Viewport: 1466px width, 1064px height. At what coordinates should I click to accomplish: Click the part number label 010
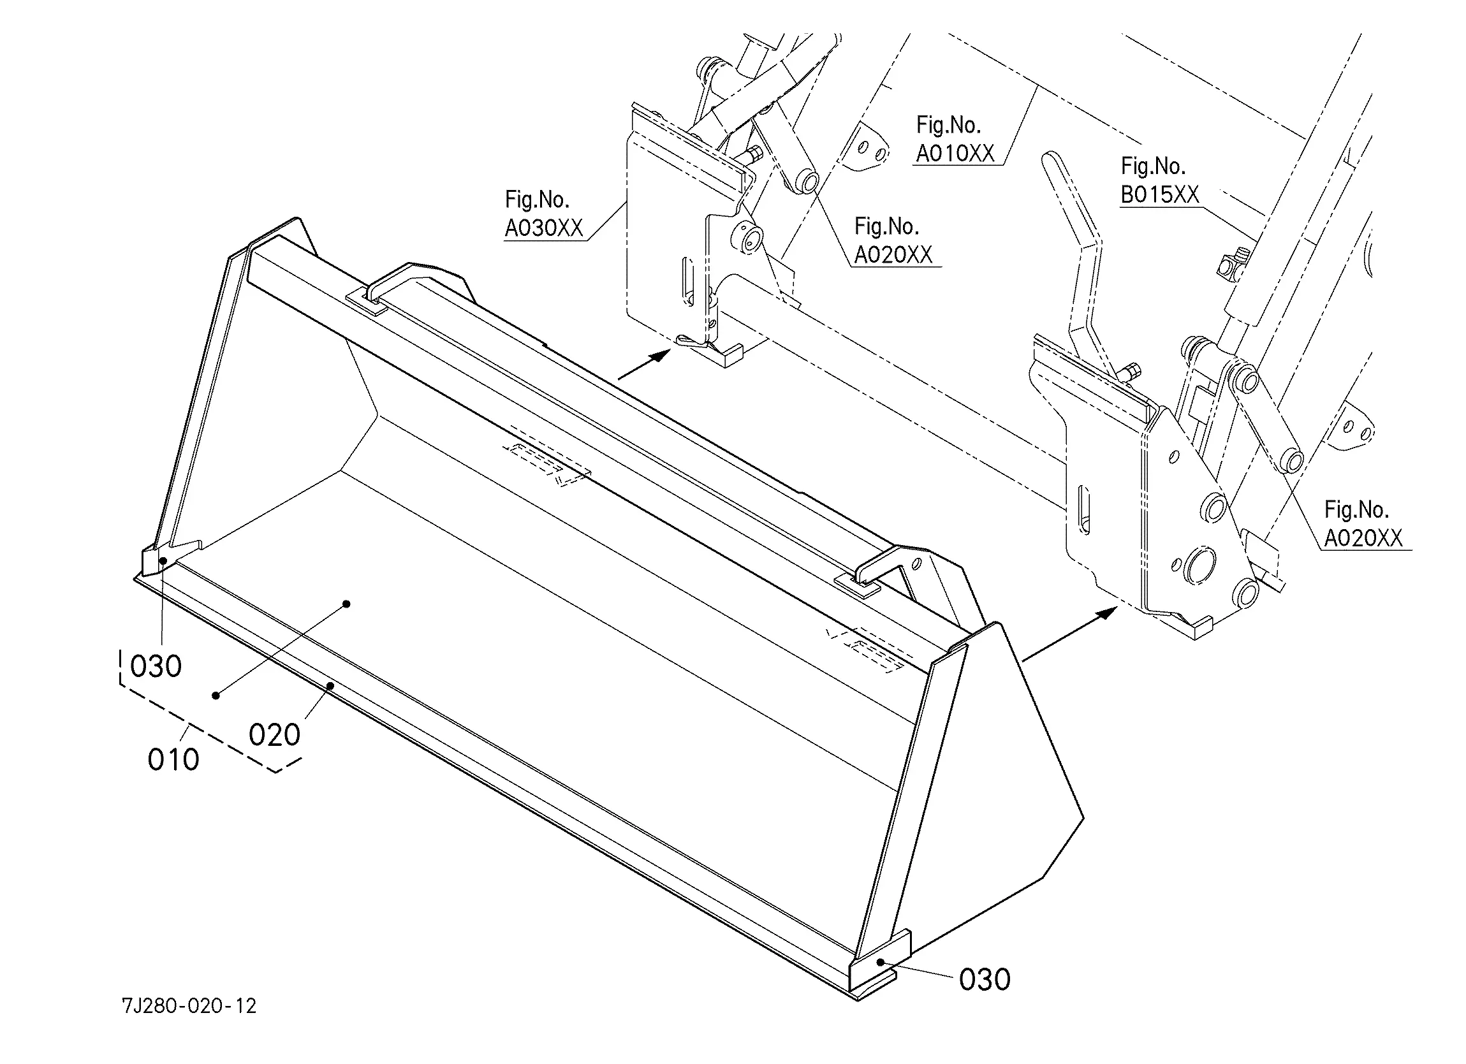tap(173, 760)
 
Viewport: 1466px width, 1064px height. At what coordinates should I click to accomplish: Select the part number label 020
tap(274, 736)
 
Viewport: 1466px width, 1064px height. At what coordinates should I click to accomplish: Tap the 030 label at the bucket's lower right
tap(985, 980)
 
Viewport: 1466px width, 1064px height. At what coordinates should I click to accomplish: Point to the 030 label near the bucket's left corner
tap(156, 666)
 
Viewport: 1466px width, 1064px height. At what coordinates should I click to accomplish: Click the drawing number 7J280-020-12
tap(189, 1006)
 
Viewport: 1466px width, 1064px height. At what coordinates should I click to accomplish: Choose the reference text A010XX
tap(955, 154)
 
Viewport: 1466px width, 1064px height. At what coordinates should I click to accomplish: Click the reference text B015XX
tap(1160, 194)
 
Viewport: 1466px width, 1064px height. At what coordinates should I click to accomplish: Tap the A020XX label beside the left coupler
tap(893, 256)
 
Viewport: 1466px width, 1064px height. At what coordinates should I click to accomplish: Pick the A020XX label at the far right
tap(1363, 539)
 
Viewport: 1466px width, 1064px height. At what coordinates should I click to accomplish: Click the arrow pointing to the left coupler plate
tap(645, 365)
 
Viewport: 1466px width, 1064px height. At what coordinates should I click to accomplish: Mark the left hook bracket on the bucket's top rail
tap(378, 291)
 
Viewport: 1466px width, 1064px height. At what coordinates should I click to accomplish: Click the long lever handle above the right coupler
tap(1073, 233)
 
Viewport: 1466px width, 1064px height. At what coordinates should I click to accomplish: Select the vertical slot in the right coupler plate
tap(1083, 511)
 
